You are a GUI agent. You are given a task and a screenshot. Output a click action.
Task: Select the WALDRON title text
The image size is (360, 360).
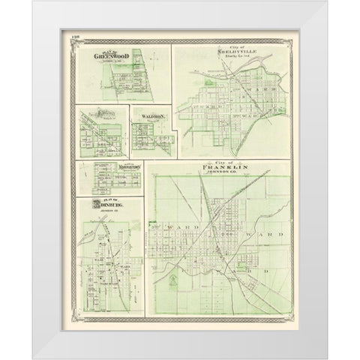[x=150, y=116]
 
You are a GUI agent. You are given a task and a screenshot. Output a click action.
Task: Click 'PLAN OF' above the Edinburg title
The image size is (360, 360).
[x=109, y=199]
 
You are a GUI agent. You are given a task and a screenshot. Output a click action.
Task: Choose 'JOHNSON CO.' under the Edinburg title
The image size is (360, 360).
[x=111, y=212]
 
